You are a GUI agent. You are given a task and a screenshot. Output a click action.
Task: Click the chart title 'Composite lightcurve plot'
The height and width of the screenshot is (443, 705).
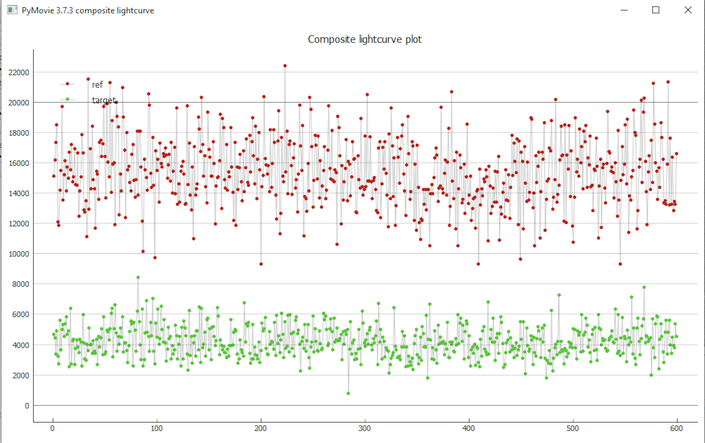click(x=364, y=39)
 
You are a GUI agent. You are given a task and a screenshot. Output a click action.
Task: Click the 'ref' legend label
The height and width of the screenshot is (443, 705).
click(x=97, y=84)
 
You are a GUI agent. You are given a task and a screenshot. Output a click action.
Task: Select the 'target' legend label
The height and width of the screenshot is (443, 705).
click(x=103, y=101)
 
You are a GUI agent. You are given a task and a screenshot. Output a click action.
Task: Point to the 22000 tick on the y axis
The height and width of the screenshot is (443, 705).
click(x=16, y=72)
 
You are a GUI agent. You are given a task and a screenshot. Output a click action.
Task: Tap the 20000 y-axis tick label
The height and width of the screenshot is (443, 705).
click(x=16, y=102)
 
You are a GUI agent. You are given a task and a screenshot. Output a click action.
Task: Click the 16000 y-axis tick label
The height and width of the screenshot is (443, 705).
click(x=16, y=162)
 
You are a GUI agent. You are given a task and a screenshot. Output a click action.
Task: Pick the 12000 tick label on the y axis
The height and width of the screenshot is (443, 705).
click(x=16, y=224)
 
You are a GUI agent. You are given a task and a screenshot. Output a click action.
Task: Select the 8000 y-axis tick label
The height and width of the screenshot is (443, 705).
click(x=18, y=284)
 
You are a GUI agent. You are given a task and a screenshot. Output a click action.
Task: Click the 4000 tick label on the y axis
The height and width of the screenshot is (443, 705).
click(x=18, y=345)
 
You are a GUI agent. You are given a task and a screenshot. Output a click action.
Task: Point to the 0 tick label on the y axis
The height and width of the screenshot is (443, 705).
click(x=27, y=406)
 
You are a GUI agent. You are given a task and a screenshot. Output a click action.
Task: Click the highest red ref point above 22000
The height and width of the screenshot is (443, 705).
click(x=285, y=65)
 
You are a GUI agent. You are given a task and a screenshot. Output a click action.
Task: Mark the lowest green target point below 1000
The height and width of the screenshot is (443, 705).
click(x=348, y=393)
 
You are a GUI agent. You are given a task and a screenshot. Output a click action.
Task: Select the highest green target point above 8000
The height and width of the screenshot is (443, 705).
click(x=138, y=277)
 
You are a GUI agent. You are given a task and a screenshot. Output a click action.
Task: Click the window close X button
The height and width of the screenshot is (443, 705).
click(x=688, y=10)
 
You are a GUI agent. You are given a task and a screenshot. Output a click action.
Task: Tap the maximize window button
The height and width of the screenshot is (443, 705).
click(x=656, y=10)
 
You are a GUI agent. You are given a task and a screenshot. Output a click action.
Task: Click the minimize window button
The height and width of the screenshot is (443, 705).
click(x=623, y=10)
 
